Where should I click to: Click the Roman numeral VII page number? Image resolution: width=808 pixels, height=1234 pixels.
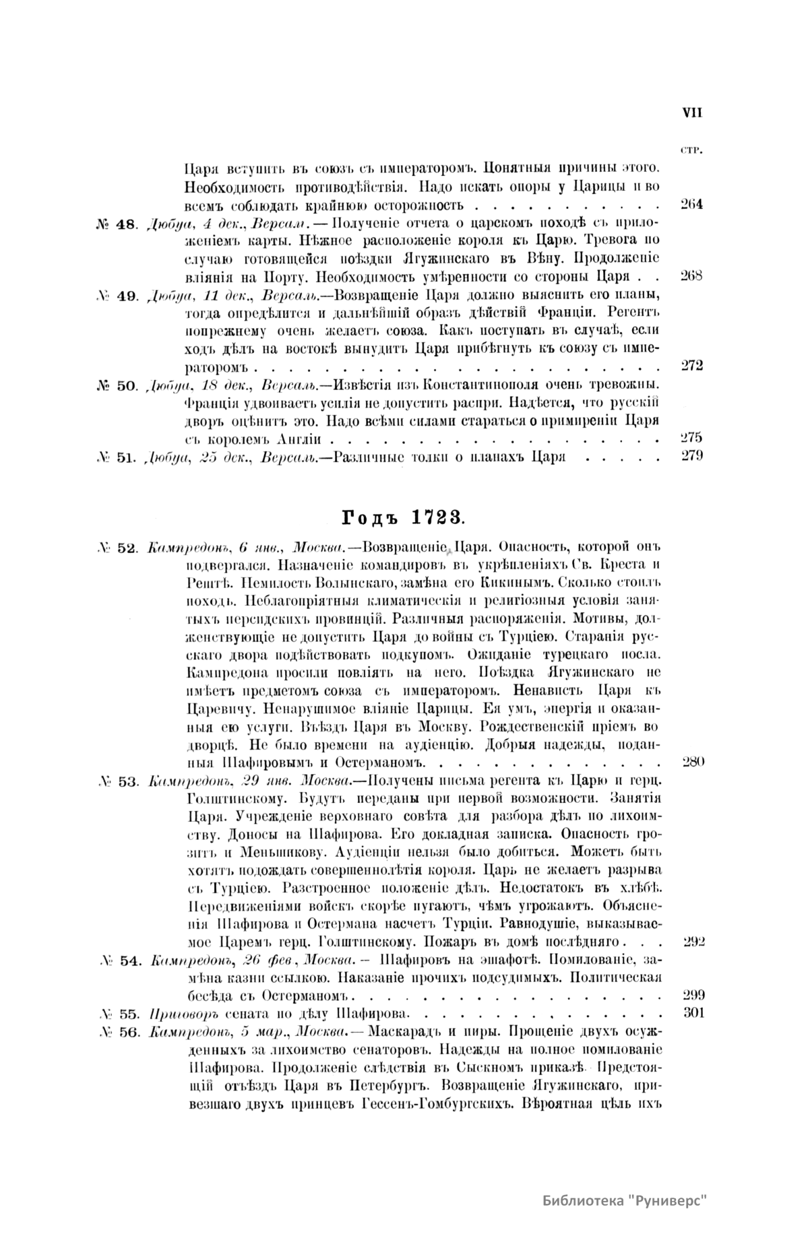pyautogui.click(x=692, y=113)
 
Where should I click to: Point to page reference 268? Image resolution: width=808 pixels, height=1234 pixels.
pyautogui.click(x=692, y=276)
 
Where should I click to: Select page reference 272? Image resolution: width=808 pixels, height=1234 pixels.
pyautogui.click(x=692, y=366)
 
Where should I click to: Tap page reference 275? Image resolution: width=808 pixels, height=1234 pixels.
pyautogui.click(x=692, y=439)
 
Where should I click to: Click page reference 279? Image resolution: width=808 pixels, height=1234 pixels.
pyautogui.click(x=692, y=457)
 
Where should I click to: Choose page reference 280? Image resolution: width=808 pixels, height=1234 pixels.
pyautogui.click(x=692, y=762)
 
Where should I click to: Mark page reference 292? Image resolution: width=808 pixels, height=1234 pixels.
pyautogui.click(x=693, y=941)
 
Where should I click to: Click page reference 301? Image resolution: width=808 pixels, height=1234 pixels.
pyautogui.click(x=693, y=1012)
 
